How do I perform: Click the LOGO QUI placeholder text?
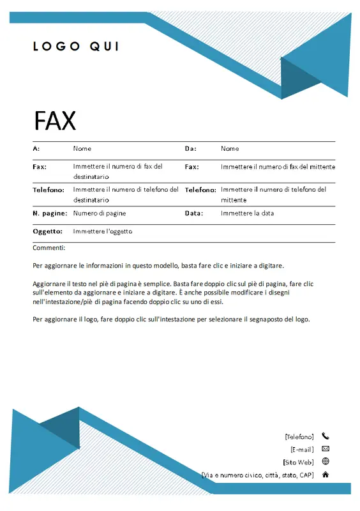(75, 46)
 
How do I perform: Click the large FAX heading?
(54, 121)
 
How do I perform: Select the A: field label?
(36, 148)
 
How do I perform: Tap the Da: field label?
(190, 148)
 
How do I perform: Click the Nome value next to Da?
(230, 148)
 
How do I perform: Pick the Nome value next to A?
(82, 148)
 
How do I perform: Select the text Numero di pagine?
(100, 213)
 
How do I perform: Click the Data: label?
(194, 213)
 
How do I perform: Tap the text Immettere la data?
(248, 213)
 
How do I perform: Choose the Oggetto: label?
(47, 231)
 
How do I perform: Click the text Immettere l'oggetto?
(103, 231)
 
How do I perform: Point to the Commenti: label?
(49, 248)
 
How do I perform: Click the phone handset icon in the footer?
(326, 436)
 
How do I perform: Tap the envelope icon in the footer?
(326, 449)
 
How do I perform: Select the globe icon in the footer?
(326, 461)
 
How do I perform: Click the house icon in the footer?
(326, 475)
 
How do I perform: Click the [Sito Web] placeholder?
(298, 462)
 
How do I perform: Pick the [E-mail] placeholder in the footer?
(302, 449)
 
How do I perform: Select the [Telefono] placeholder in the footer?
(299, 437)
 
